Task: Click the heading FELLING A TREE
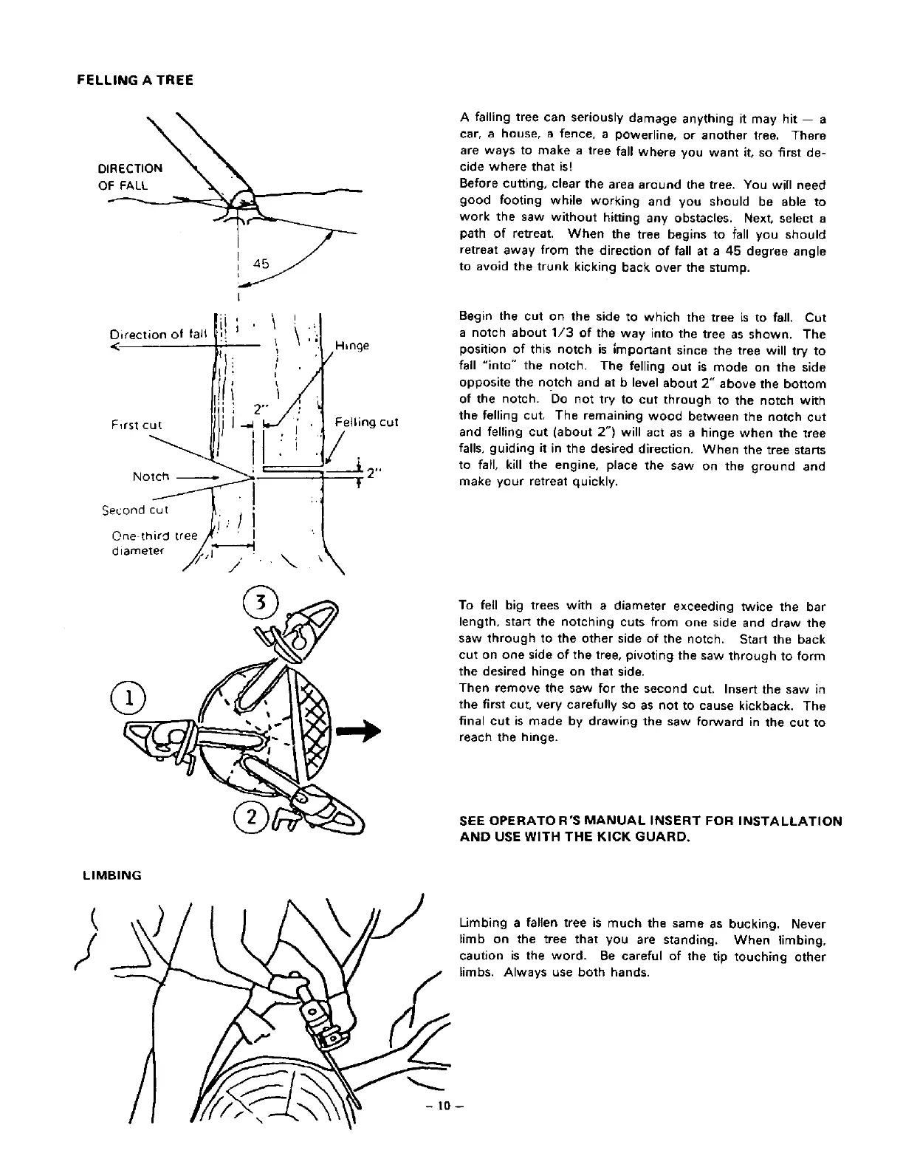coord(135,79)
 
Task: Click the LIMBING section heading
coord(112,875)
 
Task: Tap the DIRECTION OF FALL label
coord(130,177)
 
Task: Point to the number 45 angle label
coord(261,263)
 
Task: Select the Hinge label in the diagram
coord(352,346)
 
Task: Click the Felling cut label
coord(366,422)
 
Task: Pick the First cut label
coord(137,425)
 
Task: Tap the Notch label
coord(151,476)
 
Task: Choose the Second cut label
coord(135,510)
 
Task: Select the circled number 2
coord(251,818)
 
